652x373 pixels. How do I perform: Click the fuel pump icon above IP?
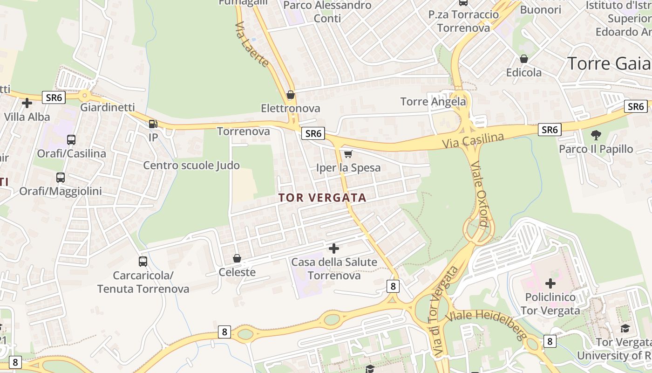click(153, 124)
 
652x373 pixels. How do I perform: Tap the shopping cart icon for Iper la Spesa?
click(348, 154)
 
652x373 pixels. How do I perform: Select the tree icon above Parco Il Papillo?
click(596, 136)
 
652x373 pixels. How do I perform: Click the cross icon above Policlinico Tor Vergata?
click(550, 283)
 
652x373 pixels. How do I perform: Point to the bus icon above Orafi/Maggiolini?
click(61, 178)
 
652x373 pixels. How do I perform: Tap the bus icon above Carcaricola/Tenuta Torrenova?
click(143, 262)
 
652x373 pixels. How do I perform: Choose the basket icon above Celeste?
click(237, 258)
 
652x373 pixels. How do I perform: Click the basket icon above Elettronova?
click(291, 95)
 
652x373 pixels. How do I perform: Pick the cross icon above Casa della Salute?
click(334, 249)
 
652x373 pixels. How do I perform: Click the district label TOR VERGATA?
click(322, 198)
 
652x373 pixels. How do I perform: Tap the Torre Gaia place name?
click(609, 63)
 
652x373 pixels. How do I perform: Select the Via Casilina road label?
click(473, 140)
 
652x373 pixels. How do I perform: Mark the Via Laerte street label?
click(252, 44)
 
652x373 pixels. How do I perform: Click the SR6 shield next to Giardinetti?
click(54, 97)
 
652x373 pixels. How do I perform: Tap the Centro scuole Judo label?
click(191, 166)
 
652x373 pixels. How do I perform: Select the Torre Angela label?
click(433, 102)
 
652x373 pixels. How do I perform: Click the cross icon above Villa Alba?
click(27, 103)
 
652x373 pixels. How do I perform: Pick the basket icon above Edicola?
click(524, 59)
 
